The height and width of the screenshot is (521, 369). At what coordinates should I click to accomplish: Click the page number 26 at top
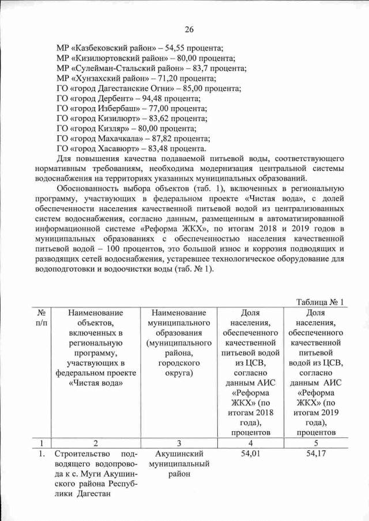point(189,30)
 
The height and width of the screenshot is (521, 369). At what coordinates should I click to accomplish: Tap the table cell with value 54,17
point(315,454)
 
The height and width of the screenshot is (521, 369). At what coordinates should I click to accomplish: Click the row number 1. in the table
point(42,454)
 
